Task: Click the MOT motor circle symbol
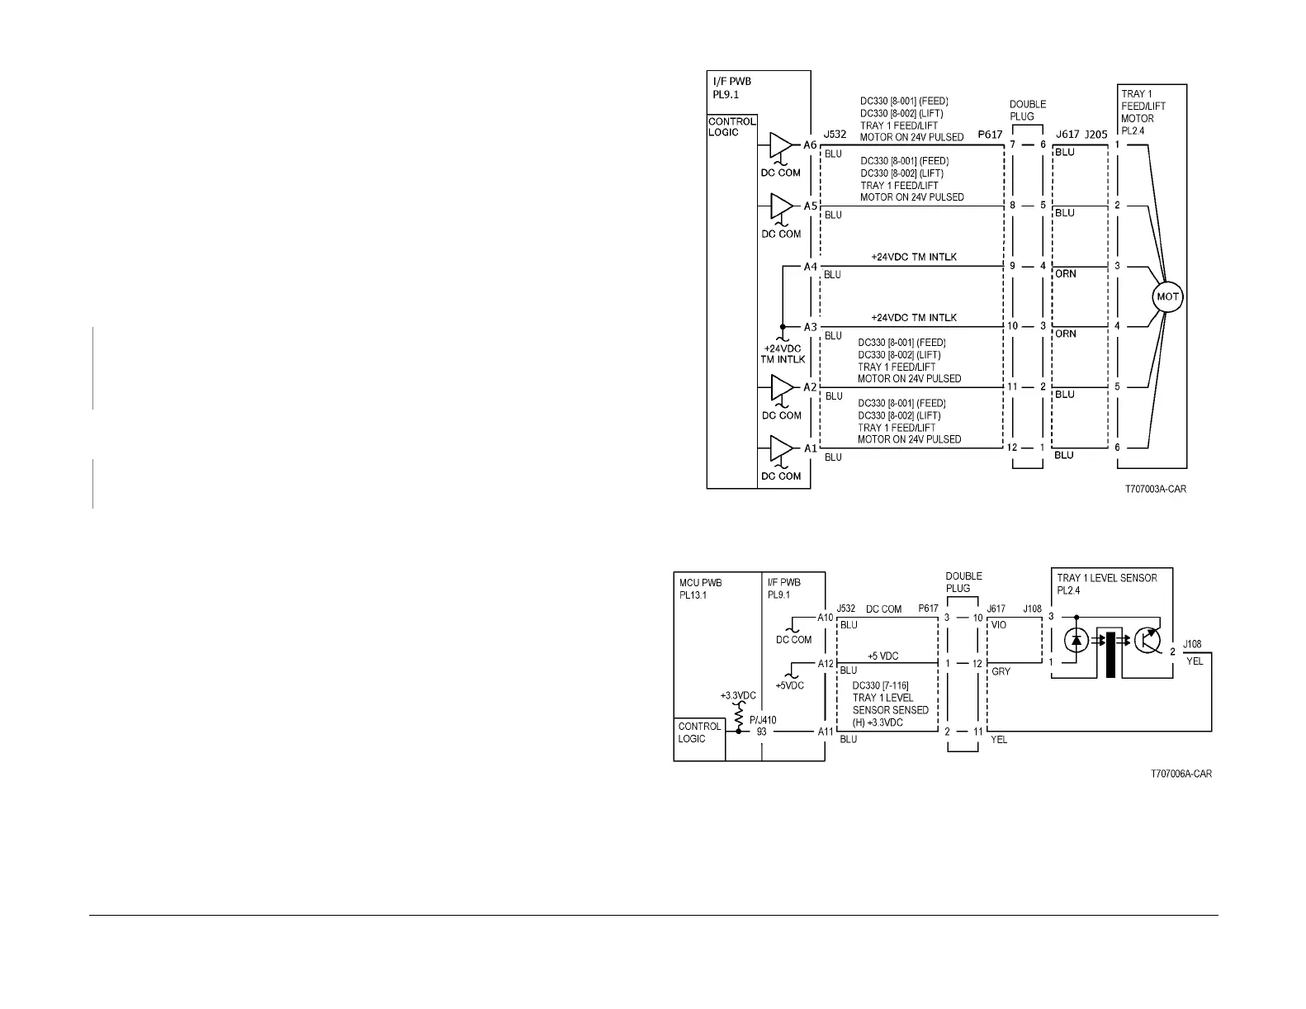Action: [1167, 297]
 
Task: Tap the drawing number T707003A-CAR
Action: [1155, 490]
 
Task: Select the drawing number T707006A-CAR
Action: [1181, 775]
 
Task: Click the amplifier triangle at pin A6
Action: [781, 145]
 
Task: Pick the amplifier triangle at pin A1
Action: [781, 448]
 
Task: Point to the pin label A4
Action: [810, 267]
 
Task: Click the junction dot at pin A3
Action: [782, 327]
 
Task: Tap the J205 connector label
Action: [1096, 134]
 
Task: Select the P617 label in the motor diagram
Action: [989, 134]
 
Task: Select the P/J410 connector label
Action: [763, 719]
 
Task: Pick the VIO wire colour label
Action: [998, 625]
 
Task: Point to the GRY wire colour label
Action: [1000, 671]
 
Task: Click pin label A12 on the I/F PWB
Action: [826, 663]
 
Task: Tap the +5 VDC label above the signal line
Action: [882, 656]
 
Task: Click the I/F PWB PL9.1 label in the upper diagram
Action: [731, 88]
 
